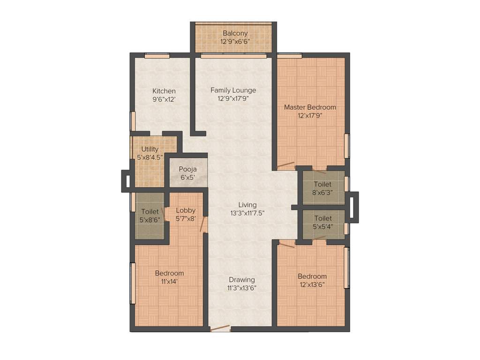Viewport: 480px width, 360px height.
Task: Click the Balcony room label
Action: point(235,33)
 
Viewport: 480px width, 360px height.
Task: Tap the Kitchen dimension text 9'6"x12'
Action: point(164,99)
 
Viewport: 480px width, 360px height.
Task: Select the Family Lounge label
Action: point(233,90)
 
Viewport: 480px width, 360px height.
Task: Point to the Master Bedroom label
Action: point(310,107)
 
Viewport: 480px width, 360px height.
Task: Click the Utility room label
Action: point(150,149)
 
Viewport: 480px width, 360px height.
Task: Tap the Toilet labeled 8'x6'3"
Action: point(322,188)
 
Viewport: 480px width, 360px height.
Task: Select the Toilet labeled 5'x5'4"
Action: point(322,222)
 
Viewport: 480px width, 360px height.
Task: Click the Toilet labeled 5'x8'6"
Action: point(150,216)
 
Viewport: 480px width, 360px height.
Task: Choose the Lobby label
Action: point(186,210)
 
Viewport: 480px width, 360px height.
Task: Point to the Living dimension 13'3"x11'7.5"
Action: point(247,213)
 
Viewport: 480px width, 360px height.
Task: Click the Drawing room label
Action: point(241,279)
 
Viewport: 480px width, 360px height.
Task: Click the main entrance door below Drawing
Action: point(220,329)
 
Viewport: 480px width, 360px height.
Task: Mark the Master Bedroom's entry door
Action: point(285,165)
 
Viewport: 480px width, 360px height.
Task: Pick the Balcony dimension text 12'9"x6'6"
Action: point(235,41)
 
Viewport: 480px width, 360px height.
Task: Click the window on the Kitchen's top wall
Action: point(157,55)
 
